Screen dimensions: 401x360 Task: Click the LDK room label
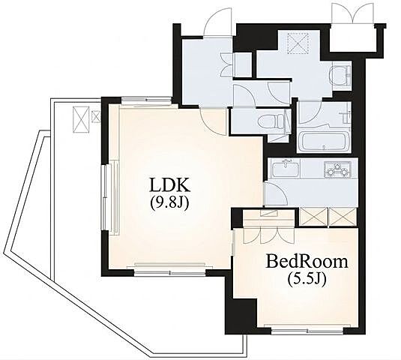tap(170, 184)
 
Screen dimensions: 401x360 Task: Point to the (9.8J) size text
tap(170, 202)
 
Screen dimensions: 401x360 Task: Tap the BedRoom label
tap(307, 262)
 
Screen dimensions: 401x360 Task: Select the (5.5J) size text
tap(307, 279)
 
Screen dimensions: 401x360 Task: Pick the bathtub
tap(323, 142)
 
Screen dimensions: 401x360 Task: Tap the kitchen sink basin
tap(286, 169)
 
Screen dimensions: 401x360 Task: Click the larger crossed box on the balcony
tap(81, 120)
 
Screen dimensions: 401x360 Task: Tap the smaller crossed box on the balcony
tap(96, 116)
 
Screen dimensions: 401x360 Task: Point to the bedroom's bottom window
tap(307, 331)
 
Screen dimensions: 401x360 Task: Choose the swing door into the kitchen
tap(276, 193)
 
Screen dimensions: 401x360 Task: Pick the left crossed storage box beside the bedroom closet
tap(313, 217)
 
